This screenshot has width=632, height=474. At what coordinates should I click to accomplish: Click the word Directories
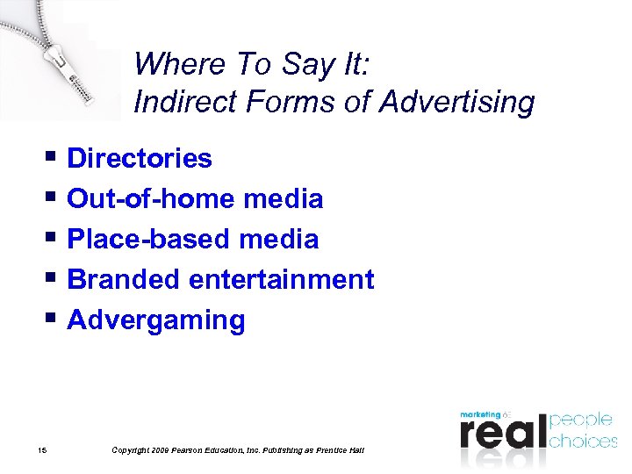point(140,159)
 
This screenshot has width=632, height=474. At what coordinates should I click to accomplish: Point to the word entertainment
point(282,280)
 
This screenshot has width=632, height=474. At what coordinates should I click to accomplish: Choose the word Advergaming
point(156,320)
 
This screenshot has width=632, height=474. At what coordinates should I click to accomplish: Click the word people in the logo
point(581,420)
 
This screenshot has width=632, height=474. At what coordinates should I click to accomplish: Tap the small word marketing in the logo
point(480,413)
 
